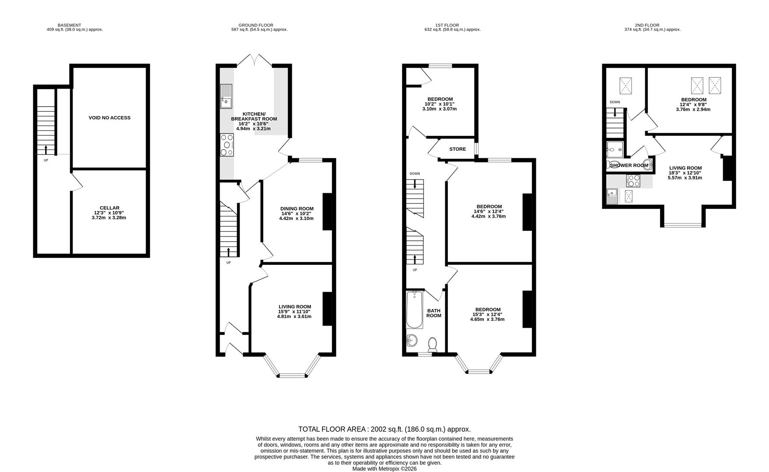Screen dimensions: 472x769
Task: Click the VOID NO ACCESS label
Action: (109, 118)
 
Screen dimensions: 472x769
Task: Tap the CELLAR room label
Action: (109, 208)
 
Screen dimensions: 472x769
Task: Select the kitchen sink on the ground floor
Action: (226, 97)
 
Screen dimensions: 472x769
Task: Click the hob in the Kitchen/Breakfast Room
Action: (227, 145)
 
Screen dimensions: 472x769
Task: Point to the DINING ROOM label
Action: (297, 208)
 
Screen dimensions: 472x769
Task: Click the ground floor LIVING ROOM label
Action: (294, 307)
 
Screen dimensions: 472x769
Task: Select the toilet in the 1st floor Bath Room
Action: (433, 344)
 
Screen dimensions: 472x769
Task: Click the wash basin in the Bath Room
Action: (412, 340)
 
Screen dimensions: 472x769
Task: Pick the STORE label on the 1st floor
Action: (458, 149)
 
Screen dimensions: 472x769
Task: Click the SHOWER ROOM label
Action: (629, 166)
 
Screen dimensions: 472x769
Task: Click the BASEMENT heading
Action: (70, 25)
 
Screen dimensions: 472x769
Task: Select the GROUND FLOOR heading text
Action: (256, 25)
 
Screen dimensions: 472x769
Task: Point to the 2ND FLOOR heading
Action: (647, 25)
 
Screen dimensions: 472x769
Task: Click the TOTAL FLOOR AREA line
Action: (384, 429)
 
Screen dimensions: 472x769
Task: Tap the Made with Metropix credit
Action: (384, 469)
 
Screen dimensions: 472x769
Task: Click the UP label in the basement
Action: (46, 160)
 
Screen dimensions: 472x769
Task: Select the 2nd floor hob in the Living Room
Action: (633, 180)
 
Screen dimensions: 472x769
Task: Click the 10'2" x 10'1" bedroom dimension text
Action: (440, 104)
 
